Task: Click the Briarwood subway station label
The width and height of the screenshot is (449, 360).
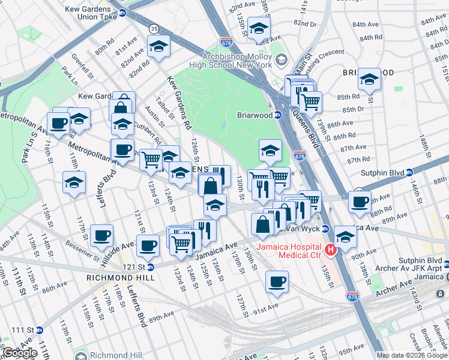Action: (255, 114)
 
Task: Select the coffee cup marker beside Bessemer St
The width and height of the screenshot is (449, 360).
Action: (101, 234)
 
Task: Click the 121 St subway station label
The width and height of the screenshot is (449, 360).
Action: (134, 266)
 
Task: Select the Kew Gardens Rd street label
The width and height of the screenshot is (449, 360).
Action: (178, 103)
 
